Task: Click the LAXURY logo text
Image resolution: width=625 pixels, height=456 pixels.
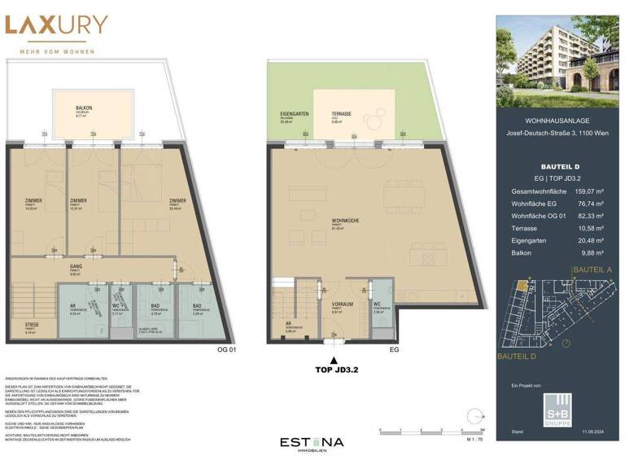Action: click(x=56, y=24)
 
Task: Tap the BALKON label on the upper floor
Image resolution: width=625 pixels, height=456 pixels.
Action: click(x=84, y=107)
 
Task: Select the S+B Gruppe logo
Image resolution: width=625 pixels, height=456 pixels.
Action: click(x=557, y=406)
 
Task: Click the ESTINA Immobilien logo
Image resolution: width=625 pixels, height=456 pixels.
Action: click(x=312, y=444)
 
